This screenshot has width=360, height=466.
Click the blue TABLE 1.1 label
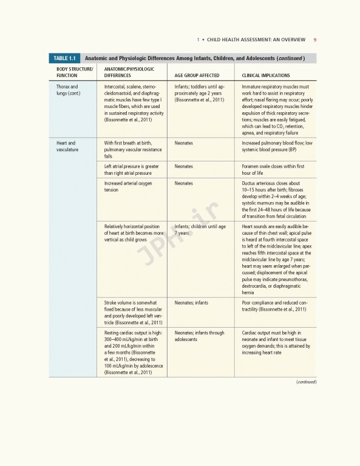pos(64,58)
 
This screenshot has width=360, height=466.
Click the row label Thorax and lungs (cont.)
pos(68,90)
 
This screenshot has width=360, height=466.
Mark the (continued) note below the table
pos(307,382)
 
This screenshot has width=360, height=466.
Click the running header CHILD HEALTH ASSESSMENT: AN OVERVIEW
pos(257,41)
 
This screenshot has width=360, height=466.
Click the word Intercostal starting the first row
pos(116,87)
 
